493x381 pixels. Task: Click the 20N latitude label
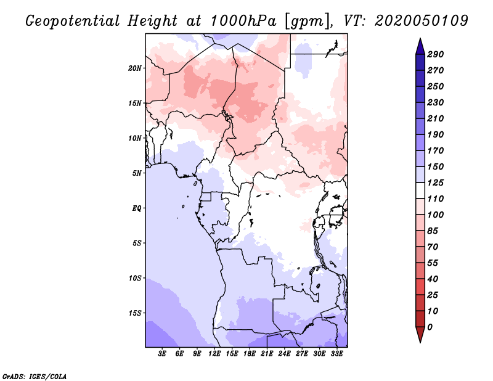pyautogui.click(x=135, y=68)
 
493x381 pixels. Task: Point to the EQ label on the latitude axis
pyautogui.click(x=137, y=208)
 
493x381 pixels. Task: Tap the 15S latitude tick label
pyautogui.click(x=135, y=313)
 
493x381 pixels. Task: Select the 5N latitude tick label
pyautogui.click(x=137, y=173)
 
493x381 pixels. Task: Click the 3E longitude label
pyautogui.click(x=162, y=354)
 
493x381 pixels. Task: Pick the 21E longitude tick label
pyautogui.click(x=267, y=354)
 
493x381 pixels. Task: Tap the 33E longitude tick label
pyautogui.click(x=336, y=354)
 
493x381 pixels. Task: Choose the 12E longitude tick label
pyautogui.click(x=214, y=354)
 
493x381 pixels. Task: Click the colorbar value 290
pyautogui.click(x=436, y=54)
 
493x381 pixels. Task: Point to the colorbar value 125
pyautogui.click(x=436, y=182)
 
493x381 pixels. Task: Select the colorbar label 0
pyautogui.click(x=430, y=327)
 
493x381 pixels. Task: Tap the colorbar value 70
pyautogui.click(x=433, y=247)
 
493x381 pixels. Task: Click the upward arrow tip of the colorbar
pyautogui.click(x=420, y=38)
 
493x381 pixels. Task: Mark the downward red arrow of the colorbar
pyautogui.click(x=420, y=334)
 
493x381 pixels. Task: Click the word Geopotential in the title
pyautogui.click(x=73, y=22)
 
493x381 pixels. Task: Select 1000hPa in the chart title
pyautogui.click(x=243, y=21)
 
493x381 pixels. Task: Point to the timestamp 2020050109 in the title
pyautogui.click(x=422, y=21)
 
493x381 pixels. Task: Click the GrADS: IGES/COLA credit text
pyautogui.click(x=35, y=377)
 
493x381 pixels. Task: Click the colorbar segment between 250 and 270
pyautogui.click(x=420, y=78)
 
